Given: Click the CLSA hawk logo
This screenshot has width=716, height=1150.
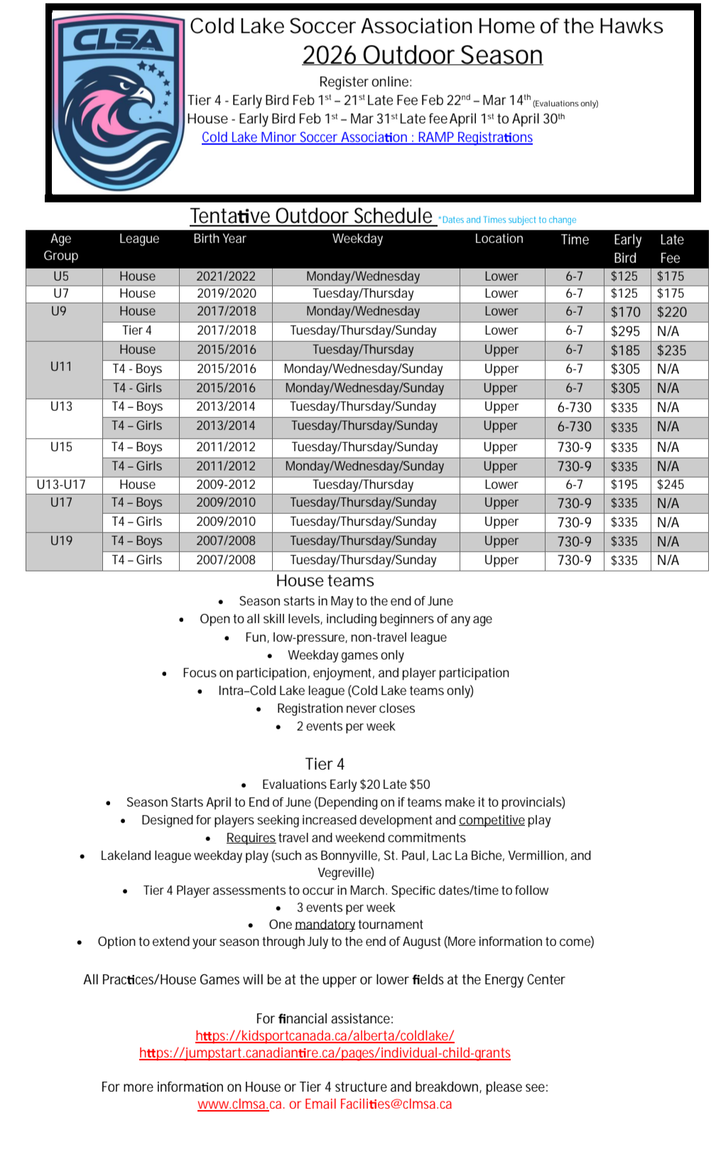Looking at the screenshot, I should [x=117, y=102].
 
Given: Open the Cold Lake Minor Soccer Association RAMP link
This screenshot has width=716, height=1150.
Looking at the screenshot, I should [x=367, y=137].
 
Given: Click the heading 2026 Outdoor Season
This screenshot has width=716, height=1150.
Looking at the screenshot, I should [x=422, y=55].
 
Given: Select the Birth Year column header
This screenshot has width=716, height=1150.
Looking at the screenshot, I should [x=219, y=239].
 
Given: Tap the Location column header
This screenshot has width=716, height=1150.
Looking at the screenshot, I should [x=499, y=239].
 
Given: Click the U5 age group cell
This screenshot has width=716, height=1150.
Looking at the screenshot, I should [x=61, y=276].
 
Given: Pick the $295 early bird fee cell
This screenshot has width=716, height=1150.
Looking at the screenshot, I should [x=625, y=331].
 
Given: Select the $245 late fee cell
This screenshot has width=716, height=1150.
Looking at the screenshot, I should [x=670, y=485].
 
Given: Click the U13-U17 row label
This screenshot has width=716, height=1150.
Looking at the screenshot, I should [x=61, y=485].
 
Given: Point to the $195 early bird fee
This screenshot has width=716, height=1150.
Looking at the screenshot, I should [x=624, y=485].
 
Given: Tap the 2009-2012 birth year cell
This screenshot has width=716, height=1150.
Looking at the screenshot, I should [x=226, y=485].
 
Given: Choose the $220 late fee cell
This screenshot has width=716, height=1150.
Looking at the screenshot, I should [x=671, y=312].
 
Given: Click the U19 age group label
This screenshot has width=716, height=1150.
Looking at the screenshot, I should [x=61, y=541].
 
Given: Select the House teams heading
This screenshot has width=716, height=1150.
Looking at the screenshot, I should [x=325, y=581].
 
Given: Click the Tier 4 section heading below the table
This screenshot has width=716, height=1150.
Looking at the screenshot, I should [x=325, y=764].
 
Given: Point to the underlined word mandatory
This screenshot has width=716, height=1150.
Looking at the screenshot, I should [x=325, y=925].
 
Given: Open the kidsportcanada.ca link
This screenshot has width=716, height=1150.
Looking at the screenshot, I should [x=325, y=1036].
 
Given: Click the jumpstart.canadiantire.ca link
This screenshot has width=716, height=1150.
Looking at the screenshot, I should [x=325, y=1053].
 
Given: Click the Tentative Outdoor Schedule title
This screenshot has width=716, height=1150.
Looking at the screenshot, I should [x=311, y=215].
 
